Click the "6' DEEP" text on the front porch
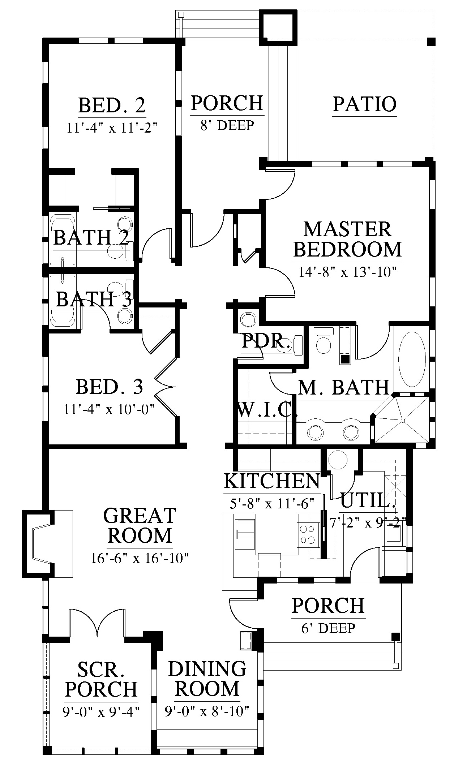328,628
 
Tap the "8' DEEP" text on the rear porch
227,125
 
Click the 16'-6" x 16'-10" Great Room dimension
140,559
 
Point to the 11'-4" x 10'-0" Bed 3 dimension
109,410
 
